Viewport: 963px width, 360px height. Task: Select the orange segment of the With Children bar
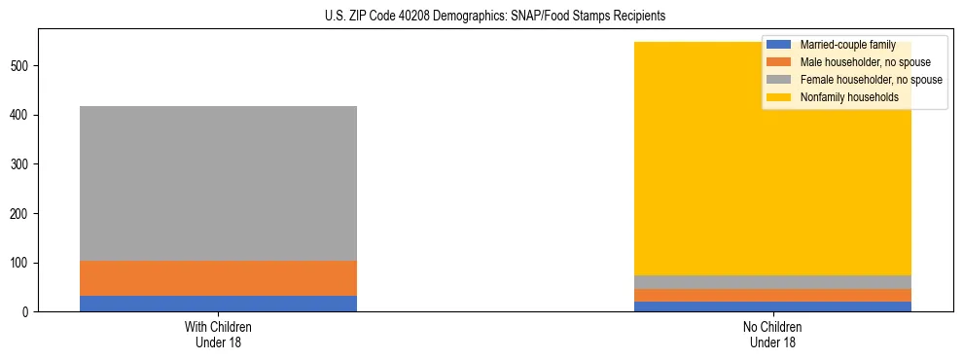tap(218, 278)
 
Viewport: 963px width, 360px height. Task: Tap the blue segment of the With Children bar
tap(218, 304)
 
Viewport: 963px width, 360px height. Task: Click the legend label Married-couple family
tap(847, 45)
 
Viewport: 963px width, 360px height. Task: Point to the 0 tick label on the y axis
tap(29, 312)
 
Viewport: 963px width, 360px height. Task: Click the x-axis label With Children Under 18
tap(218, 334)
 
